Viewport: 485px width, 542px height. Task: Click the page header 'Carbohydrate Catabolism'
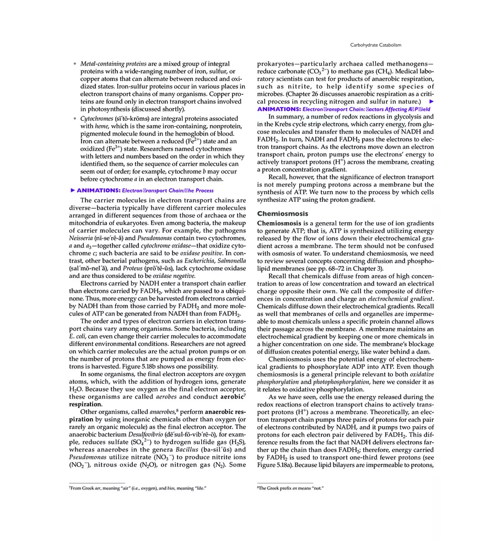point(376,45)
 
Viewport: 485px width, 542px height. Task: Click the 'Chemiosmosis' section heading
point(283,213)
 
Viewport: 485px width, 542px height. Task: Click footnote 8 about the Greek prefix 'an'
point(291,489)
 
